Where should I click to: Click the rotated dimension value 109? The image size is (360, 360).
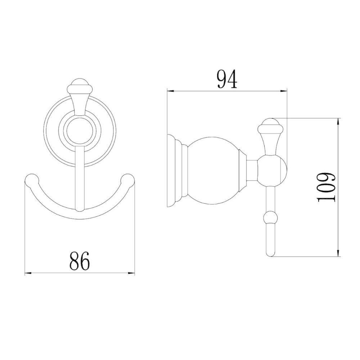(327, 187)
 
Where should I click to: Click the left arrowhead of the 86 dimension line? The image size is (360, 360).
(27, 274)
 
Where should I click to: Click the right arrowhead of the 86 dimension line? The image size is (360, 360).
(132, 274)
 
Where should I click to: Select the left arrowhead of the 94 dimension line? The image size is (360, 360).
(169, 91)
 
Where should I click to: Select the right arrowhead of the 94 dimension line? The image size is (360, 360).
(285, 91)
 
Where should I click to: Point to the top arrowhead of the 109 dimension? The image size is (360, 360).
(338, 121)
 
